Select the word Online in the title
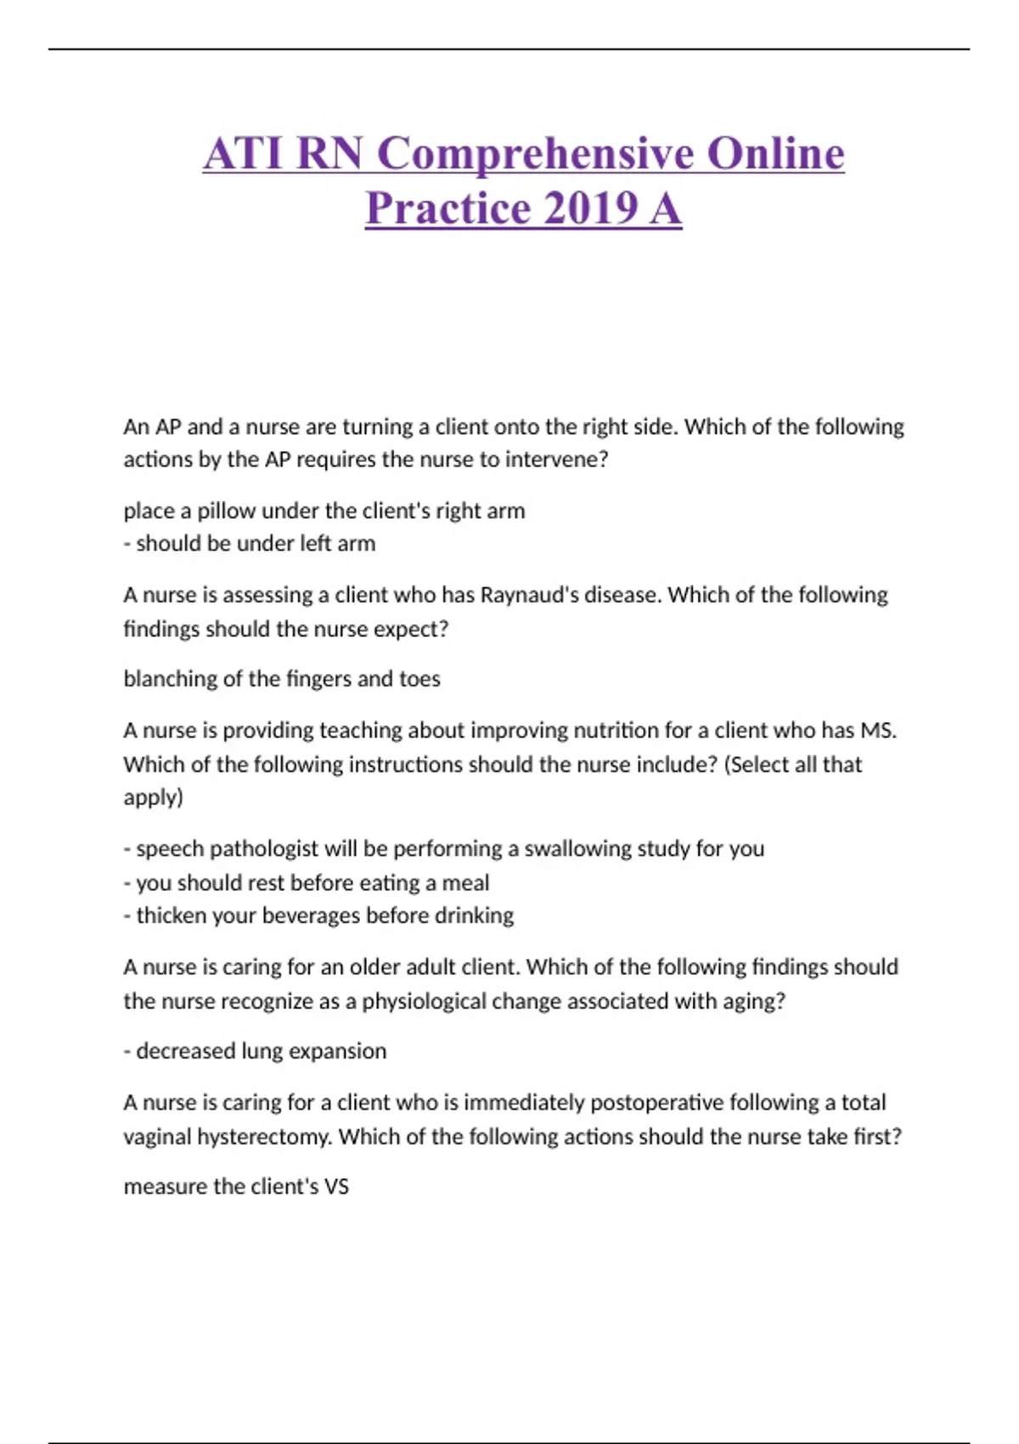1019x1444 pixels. (775, 154)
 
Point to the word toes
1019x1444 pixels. (419, 680)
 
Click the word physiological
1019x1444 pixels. (424, 1001)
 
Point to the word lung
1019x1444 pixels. (258, 1052)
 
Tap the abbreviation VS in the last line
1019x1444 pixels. (336, 1187)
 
